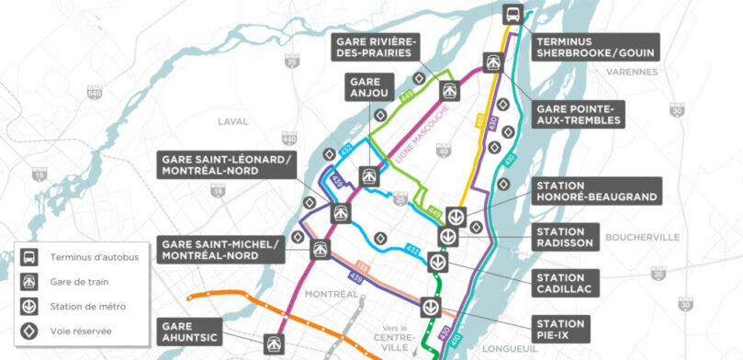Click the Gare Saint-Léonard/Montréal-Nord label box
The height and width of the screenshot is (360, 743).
[x=227, y=164]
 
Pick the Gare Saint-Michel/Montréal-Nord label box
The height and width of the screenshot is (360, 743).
[x=220, y=249]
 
